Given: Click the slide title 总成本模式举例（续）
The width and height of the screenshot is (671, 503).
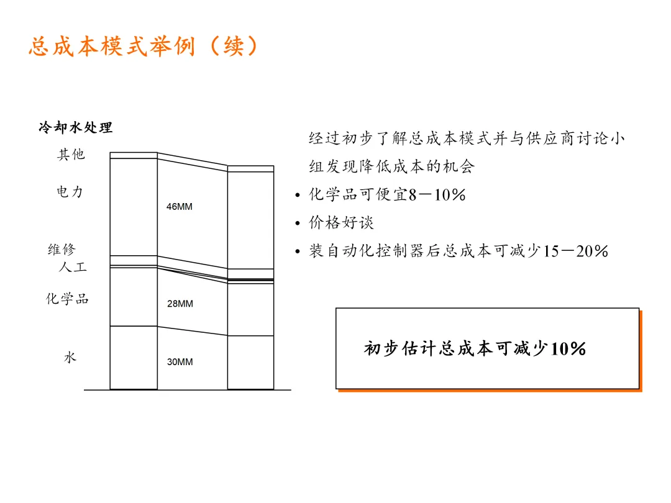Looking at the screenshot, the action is pos(144,47).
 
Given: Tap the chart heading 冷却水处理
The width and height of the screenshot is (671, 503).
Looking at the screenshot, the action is pos(75,128).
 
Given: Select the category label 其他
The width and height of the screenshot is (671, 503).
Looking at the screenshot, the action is pos(71,155).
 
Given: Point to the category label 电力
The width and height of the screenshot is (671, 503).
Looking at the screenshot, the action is pos(70,192).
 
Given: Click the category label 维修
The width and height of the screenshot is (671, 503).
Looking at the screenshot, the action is pos(62,250).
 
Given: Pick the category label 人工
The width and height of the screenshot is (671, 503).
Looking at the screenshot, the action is pos(72,268).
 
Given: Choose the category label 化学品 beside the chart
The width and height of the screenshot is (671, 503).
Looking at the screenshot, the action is pos(67,299).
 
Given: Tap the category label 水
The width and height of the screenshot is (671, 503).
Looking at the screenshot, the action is pos(70,358).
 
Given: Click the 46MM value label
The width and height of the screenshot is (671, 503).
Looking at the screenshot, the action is pos(180,207).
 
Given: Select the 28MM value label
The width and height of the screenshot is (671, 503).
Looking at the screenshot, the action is pos(180,304).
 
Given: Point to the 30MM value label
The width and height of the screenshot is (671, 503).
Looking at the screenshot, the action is pos(180,362).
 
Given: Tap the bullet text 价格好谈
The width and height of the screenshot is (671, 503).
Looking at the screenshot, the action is pos(342,222).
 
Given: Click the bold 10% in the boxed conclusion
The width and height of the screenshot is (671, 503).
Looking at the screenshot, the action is pos(568,349).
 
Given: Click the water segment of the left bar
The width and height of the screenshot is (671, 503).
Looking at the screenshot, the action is pos(134,358).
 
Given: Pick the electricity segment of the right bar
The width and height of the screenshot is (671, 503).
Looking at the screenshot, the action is pos(250,220).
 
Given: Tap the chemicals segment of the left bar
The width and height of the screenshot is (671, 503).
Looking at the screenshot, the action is pos(134,297).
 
